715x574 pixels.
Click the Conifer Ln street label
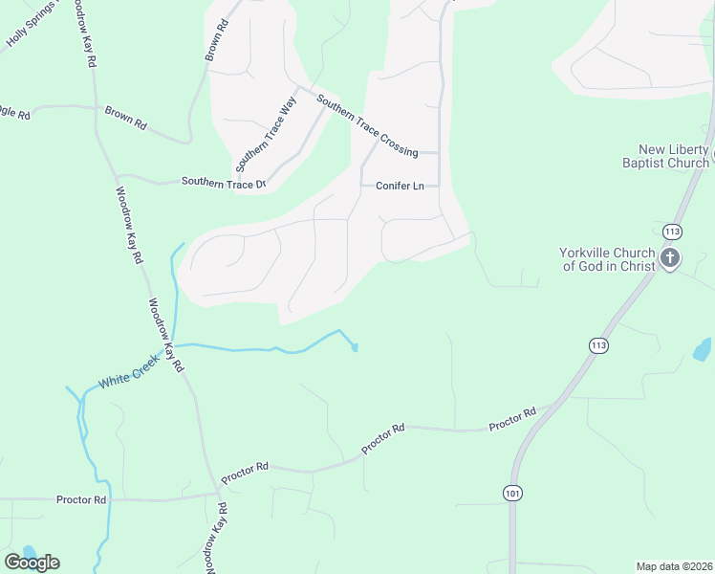click(x=400, y=186)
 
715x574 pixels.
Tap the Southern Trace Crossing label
click(x=367, y=126)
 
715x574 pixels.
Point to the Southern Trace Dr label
click(x=223, y=183)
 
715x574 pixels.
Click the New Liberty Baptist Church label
click(x=674, y=156)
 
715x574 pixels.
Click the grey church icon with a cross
click(x=670, y=257)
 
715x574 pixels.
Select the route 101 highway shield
click(x=512, y=491)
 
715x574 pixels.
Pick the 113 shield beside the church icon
click(x=671, y=232)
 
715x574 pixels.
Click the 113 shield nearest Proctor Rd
click(x=598, y=344)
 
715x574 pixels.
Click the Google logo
click(x=32, y=562)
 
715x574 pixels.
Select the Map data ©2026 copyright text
click(x=674, y=565)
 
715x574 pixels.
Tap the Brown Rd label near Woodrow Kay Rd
click(x=125, y=118)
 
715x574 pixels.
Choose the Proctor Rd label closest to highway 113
click(x=512, y=418)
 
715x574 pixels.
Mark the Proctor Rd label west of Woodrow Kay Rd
click(x=81, y=499)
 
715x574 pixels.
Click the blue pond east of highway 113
click(x=703, y=349)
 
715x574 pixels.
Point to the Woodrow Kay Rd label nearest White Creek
click(x=164, y=335)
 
